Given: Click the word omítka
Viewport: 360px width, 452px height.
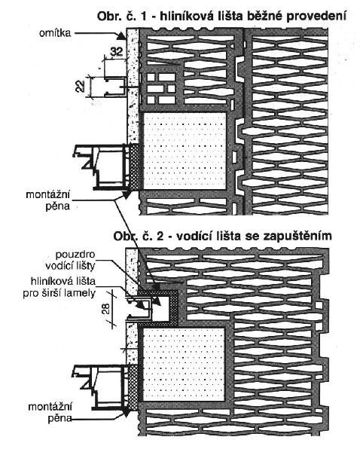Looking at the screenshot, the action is [x=55, y=32].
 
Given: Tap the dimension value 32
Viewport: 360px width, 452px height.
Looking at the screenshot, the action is [x=117, y=51].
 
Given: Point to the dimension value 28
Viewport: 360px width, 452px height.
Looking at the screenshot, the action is [x=106, y=309].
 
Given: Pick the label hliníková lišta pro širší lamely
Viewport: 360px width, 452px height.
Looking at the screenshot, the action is [x=59, y=287].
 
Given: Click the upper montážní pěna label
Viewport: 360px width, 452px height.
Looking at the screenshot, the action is [x=48, y=200].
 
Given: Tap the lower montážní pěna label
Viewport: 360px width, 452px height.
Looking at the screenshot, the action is [x=50, y=412].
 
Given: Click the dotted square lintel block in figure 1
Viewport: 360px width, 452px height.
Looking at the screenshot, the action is [x=185, y=151].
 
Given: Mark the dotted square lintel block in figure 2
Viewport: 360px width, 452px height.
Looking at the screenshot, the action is [x=183, y=365].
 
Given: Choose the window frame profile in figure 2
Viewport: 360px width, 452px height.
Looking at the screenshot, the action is [x=102, y=386].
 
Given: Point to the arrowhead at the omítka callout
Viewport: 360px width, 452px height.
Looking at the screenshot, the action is [x=121, y=36].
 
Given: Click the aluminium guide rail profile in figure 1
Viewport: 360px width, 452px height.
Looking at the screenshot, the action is [x=115, y=86].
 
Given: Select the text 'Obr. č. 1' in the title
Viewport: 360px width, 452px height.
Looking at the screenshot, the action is [x=122, y=16].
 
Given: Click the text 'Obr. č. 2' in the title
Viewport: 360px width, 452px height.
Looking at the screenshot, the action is [x=139, y=236].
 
